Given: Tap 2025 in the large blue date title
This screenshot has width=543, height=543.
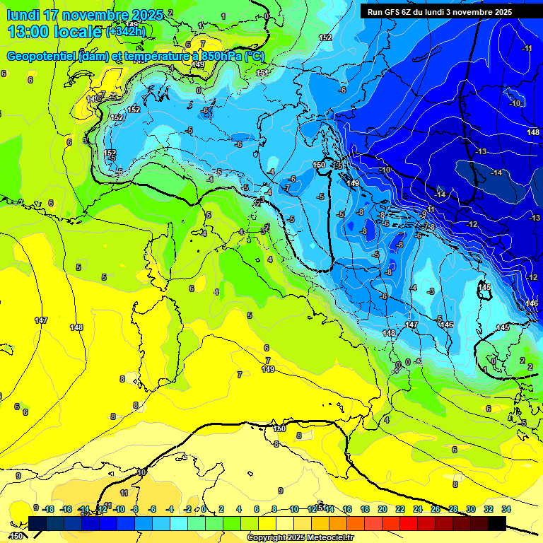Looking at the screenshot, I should (147, 15).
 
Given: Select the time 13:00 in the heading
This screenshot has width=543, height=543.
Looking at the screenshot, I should (30, 31).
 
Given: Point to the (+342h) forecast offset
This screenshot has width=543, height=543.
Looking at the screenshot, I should (125, 31).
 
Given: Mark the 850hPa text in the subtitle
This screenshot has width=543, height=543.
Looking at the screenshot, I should (218, 56).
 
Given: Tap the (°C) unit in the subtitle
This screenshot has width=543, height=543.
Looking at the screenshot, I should (255, 56).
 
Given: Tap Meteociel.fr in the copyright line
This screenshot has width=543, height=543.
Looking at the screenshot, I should (329, 538).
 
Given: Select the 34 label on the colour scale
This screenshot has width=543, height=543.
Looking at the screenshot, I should (506, 509).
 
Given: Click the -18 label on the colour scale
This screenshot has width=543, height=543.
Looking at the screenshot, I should (48, 509).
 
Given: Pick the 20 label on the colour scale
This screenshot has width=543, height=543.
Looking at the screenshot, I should (383, 509).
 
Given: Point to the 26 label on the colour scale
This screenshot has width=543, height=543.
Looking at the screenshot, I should (436, 509).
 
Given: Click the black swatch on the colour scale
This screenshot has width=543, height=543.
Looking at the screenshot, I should (496, 523).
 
